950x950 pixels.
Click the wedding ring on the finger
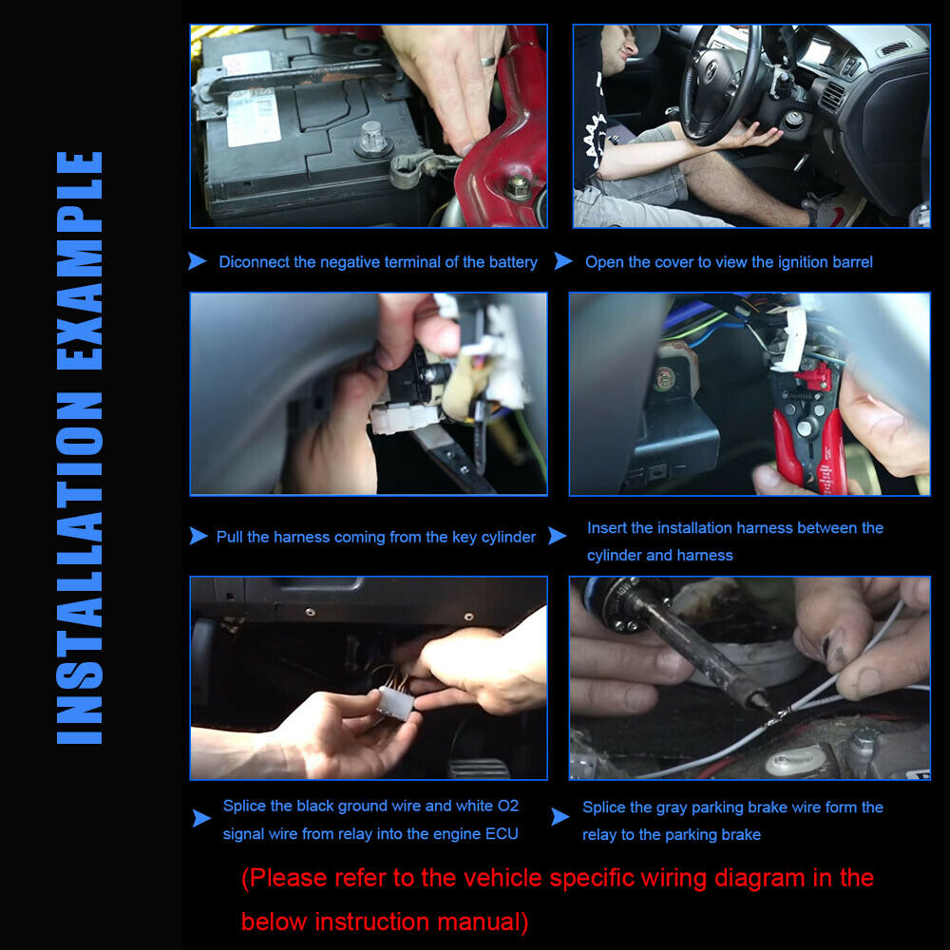point(488,61)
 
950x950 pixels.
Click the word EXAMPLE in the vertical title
point(80,260)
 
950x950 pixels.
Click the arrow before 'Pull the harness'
point(199,536)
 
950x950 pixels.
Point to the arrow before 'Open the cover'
point(563,261)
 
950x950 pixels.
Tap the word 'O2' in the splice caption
point(507,806)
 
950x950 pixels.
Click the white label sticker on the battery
point(252,99)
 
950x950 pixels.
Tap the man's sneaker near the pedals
point(835,210)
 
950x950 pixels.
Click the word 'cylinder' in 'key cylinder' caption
point(508,538)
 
